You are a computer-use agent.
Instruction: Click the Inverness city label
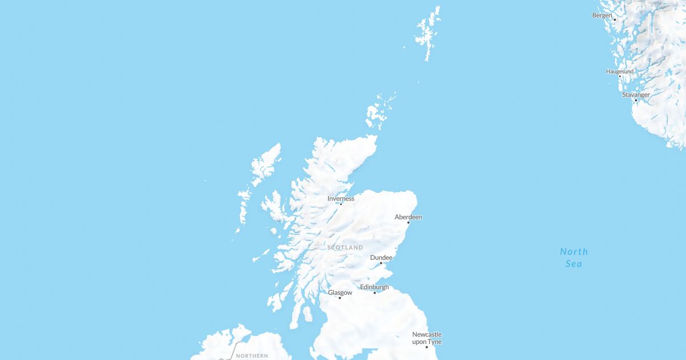coord(341,199)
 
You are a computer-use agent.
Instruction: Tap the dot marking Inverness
coord(341,204)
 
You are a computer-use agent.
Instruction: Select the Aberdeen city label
coord(408,217)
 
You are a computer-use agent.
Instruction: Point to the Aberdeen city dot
coord(408,222)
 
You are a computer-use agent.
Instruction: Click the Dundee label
coord(381,258)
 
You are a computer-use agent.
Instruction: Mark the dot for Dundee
coord(381,263)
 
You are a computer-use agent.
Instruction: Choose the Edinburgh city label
coord(374,287)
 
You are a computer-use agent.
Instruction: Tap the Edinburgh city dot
coord(375,293)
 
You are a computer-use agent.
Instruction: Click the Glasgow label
coord(340,293)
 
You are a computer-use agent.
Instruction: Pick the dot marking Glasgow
coord(340,298)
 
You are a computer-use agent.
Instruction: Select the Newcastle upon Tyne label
coord(427,338)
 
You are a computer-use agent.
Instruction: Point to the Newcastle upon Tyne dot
coord(426,347)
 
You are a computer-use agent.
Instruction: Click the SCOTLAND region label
coord(345,247)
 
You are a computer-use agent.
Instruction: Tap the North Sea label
coord(574,258)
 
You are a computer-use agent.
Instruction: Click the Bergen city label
coord(602,15)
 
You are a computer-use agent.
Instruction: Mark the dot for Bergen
coord(615,19)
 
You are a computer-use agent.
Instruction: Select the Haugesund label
coord(620,71)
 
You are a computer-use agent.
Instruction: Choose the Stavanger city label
coord(636,95)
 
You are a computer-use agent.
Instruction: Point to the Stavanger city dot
coord(636,100)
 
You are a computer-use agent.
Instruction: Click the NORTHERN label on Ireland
coord(252,355)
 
